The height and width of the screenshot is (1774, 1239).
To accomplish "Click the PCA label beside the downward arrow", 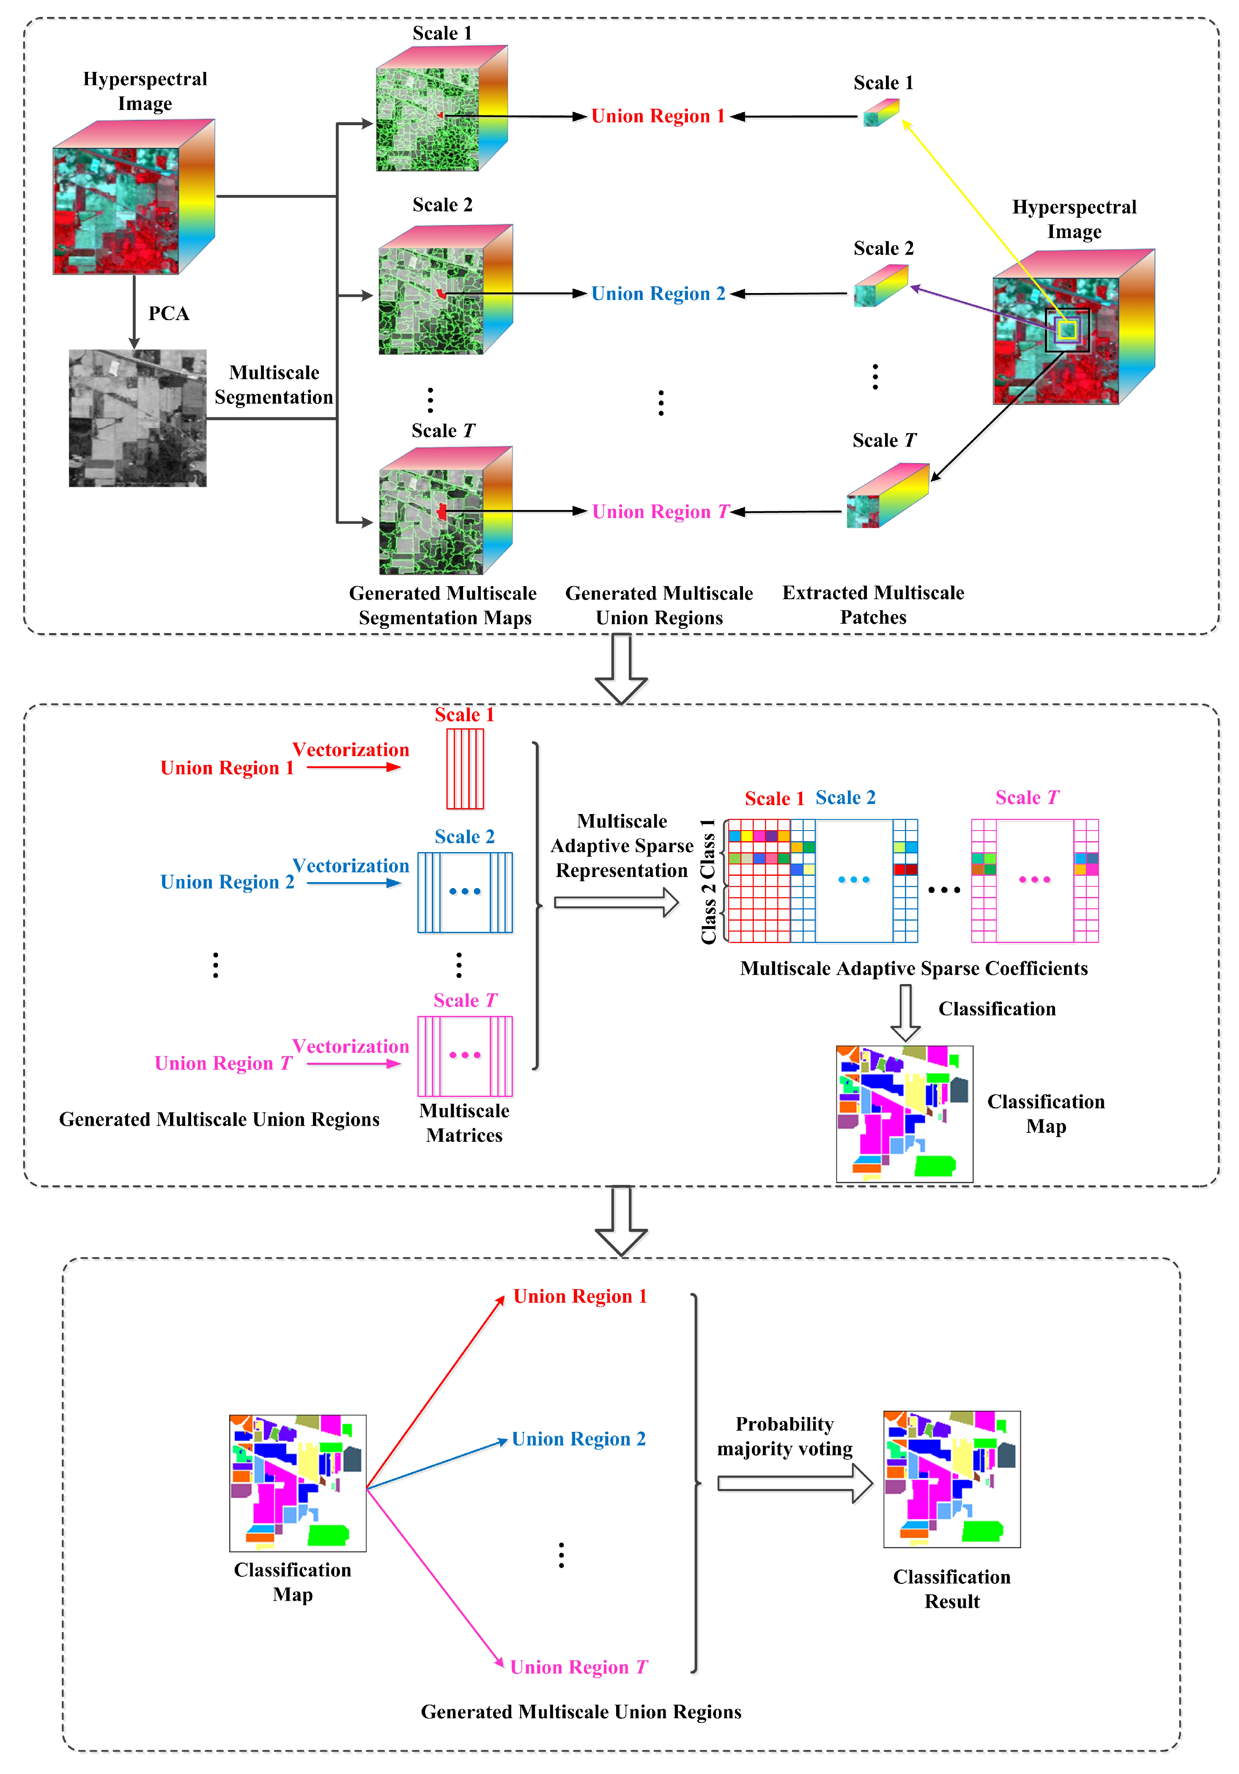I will pyautogui.click(x=168, y=314).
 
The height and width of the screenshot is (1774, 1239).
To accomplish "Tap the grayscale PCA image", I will pyautogui.click(x=137, y=418).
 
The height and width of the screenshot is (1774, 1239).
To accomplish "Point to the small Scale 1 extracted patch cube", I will pyautogui.click(x=880, y=113).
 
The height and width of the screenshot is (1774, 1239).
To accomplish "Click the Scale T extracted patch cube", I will pyautogui.click(x=887, y=495).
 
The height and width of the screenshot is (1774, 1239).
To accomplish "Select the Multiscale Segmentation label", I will pyautogui.click(x=274, y=385).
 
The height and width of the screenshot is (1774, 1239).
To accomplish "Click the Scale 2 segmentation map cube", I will pyautogui.click(x=444, y=291).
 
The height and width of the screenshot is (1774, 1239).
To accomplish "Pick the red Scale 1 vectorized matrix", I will pyautogui.click(x=465, y=769).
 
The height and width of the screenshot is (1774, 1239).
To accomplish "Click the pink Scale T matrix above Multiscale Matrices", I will pyautogui.click(x=465, y=1056).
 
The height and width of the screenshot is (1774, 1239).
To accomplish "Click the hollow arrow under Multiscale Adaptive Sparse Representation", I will pyautogui.click(x=616, y=902).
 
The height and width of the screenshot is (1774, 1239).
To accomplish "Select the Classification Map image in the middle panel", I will pyautogui.click(x=905, y=1113).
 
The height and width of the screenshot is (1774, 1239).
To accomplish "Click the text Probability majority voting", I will pyautogui.click(x=785, y=1437).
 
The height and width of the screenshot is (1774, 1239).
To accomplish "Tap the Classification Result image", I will pyautogui.click(x=951, y=1479).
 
